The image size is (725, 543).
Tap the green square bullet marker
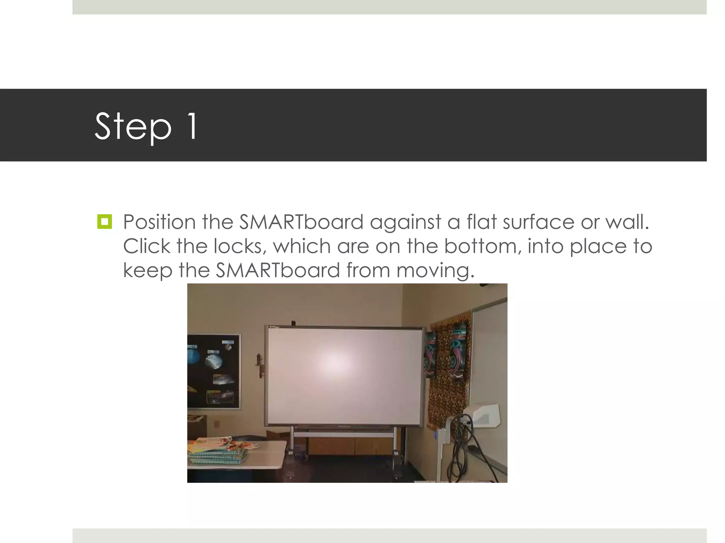[x=104, y=222]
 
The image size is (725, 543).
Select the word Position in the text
[x=159, y=222]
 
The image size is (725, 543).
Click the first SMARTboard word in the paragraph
[x=301, y=222]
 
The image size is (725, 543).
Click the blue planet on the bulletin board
[x=194, y=354]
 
